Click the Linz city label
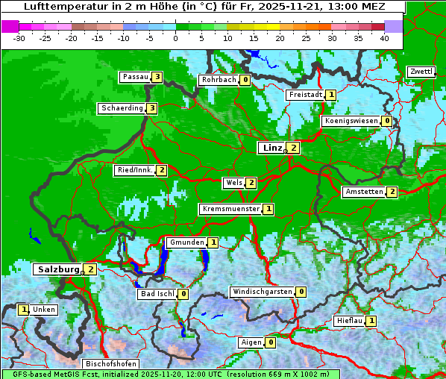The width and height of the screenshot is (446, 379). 272,148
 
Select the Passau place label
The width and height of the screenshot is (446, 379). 136,77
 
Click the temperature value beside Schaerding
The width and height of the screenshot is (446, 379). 151,108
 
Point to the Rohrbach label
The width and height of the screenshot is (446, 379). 219,80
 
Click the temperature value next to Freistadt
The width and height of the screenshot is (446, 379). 330,95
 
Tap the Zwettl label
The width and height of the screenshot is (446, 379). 421,72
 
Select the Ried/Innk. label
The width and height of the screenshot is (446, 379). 135,170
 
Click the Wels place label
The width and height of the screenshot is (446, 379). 234,183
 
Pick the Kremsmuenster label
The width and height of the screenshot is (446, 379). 230,209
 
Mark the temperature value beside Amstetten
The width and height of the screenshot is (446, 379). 392,192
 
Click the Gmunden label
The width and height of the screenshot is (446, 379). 186,242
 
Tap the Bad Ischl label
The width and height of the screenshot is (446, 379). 157,294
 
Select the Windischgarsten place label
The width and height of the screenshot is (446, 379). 262,292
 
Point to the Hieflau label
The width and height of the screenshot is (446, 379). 350,321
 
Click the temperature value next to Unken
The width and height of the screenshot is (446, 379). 24,310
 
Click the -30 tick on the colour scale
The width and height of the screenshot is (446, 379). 20,37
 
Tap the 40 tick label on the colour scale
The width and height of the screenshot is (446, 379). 384,37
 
